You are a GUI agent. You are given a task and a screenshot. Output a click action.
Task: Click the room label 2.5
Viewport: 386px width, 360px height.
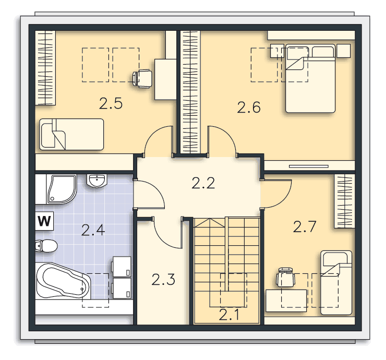pyautogui.click(x=111, y=103)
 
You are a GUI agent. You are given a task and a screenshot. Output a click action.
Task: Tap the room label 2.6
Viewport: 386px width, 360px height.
pyautogui.click(x=249, y=107)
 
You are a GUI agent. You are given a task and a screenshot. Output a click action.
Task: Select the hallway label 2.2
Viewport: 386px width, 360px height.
pyautogui.click(x=203, y=183)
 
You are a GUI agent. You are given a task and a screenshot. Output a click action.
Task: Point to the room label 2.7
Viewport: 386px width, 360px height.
pyautogui.click(x=305, y=227)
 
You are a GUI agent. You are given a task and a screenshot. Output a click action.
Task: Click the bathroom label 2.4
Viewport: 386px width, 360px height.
pyautogui.click(x=93, y=230)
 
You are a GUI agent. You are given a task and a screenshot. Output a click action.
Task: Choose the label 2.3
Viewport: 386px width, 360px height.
pyautogui.click(x=163, y=280)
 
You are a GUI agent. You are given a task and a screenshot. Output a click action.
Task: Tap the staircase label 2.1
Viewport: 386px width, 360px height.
pyautogui.click(x=228, y=315)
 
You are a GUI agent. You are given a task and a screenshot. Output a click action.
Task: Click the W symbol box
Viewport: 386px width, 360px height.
pyautogui.click(x=44, y=221)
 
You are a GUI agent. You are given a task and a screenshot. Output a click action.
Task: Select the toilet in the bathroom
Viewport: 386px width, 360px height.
pyautogui.click(x=46, y=246)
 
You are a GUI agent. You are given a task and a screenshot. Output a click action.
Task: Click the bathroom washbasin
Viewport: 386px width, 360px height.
pyautogui.click(x=97, y=181)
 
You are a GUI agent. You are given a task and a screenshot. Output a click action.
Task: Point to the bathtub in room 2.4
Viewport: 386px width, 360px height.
pyautogui.click(x=63, y=281)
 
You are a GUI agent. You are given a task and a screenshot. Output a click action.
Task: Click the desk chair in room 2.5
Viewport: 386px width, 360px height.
pyautogui.click(x=142, y=78)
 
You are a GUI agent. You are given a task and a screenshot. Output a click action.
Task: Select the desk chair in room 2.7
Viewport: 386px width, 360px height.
pyautogui.click(x=285, y=277)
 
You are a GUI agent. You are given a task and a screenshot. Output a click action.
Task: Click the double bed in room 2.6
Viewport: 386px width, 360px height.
pyautogui.click(x=310, y=78)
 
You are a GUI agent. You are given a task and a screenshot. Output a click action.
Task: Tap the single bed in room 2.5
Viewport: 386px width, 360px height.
pyautogui.click(x=71, y=134)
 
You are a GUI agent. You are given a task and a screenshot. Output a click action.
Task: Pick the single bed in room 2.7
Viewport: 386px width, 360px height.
pyautogui.click(x=336, y=283)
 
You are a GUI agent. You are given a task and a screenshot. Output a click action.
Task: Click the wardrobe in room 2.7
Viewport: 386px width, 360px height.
pyautogui.click(x=344, y=201)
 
